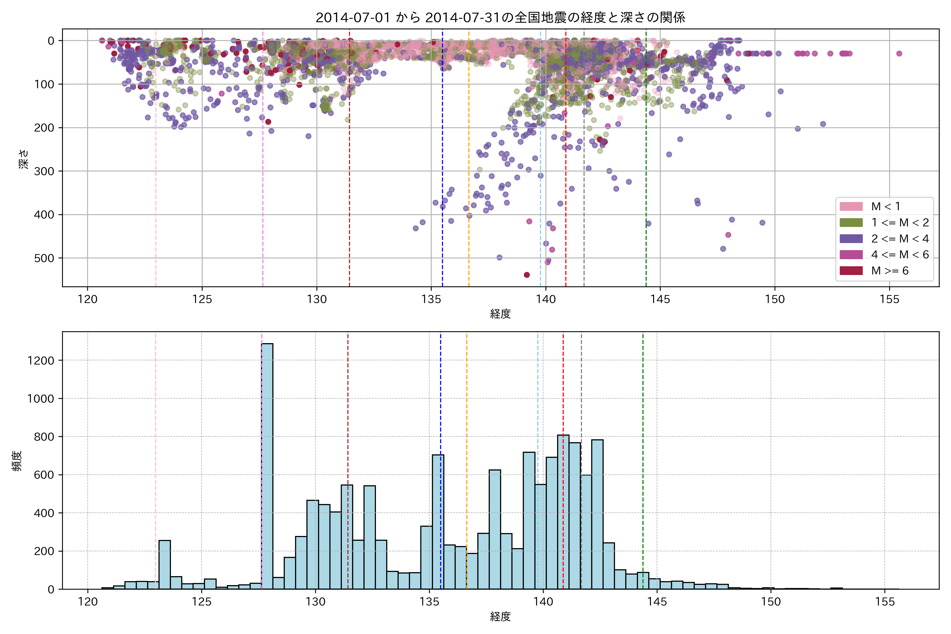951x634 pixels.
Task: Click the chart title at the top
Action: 500,17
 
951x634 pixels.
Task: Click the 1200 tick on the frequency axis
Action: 40,361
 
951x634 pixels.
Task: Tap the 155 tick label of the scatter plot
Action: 889,300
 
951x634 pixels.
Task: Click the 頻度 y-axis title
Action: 17,461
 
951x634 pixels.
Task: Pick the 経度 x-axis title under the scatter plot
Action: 500,314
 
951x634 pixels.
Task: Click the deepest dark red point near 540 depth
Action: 526,275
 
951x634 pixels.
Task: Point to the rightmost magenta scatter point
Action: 899,53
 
